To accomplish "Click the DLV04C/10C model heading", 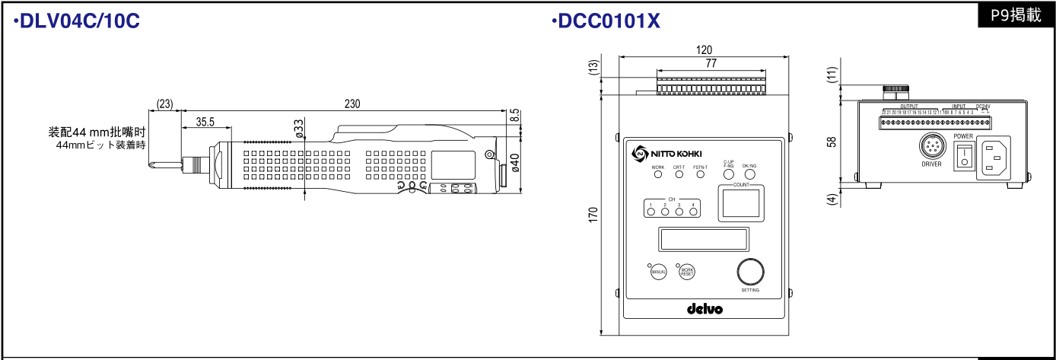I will (77, 22).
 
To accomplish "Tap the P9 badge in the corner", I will (1016, 15).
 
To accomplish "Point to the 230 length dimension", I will (351, 104).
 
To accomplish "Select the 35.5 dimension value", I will (205, 121).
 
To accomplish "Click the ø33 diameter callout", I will (299, 128).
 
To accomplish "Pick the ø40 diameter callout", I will (515, 163).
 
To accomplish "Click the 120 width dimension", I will (705, 49).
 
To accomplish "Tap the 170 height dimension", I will (593, 215).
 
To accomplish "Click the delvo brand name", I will (704, 309).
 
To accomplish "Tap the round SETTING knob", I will (750, 272).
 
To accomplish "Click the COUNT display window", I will (740, 203).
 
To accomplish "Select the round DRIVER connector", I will (931, 146).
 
